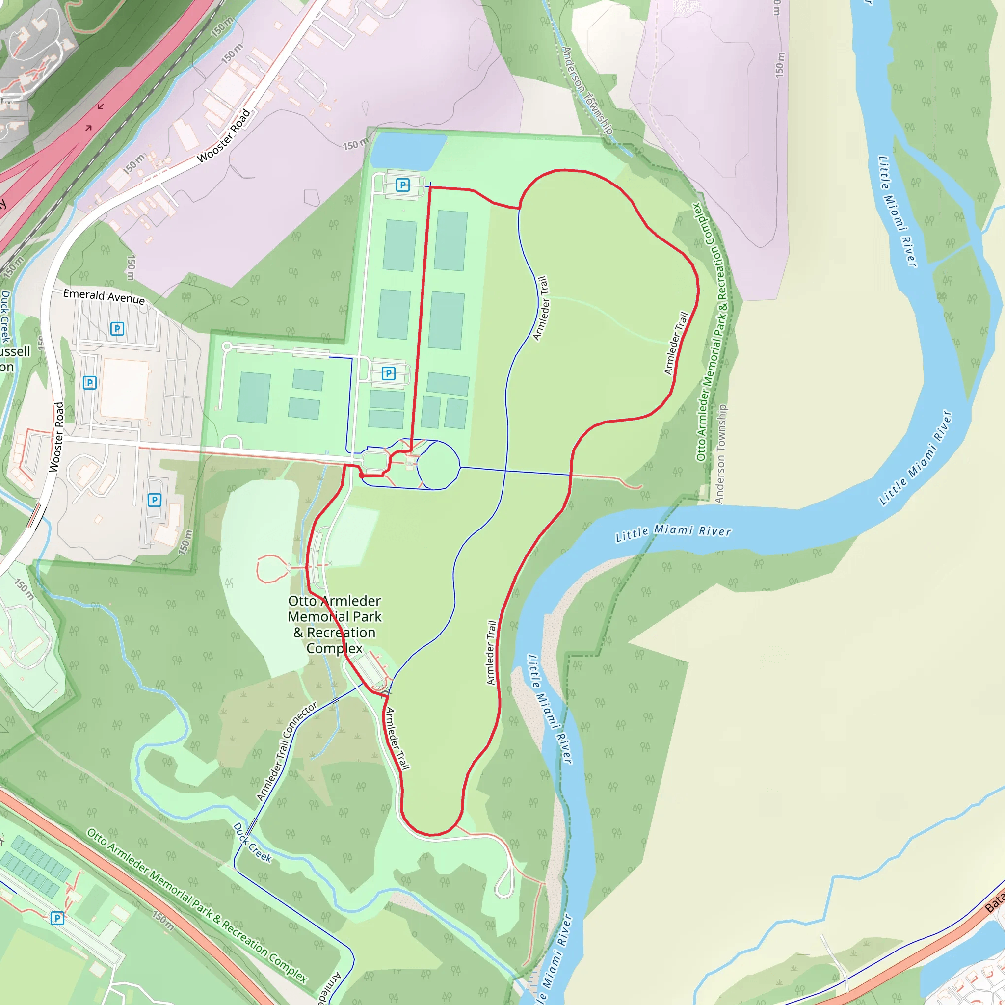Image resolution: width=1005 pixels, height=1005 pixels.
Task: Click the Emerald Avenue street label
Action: (104, 296)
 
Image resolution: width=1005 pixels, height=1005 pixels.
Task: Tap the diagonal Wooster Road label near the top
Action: (224, 136)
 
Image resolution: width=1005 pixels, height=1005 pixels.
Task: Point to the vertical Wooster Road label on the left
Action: (57, 437)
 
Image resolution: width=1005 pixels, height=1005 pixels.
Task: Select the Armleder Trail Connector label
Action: (286, 752)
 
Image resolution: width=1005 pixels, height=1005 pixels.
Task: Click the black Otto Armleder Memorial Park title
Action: (335, 624)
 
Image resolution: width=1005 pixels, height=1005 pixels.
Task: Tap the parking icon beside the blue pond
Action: (402, 185)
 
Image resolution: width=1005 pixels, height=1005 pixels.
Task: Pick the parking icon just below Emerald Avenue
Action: (117, 329)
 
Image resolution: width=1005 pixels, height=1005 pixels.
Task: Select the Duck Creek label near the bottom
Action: (252, 842)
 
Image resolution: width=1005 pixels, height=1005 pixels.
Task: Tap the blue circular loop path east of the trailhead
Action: (438, 465)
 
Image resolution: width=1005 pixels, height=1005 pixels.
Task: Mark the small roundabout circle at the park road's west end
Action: (227, 346)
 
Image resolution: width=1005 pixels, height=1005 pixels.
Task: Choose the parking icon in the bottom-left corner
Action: (57, 918)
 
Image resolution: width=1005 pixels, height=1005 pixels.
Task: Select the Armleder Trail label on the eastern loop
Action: (676, 344)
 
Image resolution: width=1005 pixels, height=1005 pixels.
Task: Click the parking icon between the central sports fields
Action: (389, 373)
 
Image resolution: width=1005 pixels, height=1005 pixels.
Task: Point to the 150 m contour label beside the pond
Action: (356, 144)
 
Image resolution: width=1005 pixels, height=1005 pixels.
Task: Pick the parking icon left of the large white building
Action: (90, 383)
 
